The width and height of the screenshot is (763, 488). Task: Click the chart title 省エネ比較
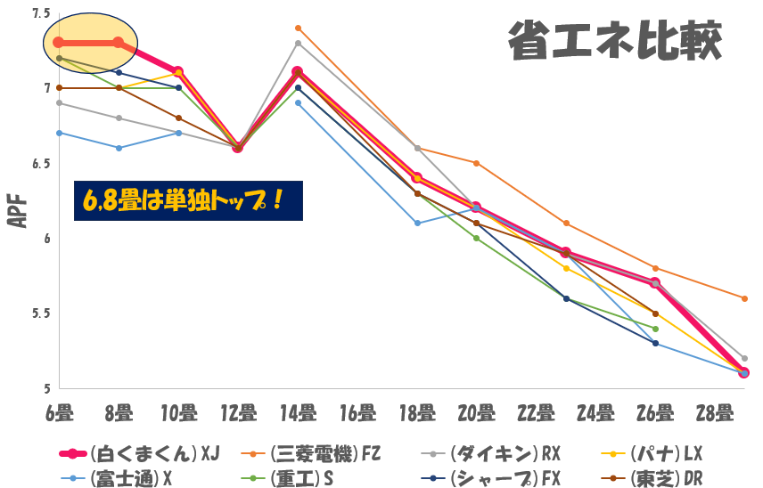click(614, 41)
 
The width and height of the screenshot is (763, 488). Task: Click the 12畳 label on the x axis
click(238, 413)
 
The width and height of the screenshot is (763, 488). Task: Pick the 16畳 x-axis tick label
click(357, 413)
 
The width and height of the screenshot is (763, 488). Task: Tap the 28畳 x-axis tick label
click(716, 413)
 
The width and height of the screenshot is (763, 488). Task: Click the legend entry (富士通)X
click(134, 478)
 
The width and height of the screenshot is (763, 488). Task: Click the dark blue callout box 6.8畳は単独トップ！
click(188, 200)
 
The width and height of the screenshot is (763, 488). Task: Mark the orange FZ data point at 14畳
click(298, 28)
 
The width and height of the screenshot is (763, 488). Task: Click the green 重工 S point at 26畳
click(655, 329)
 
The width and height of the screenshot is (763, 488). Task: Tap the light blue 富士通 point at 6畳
click(59, 133)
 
